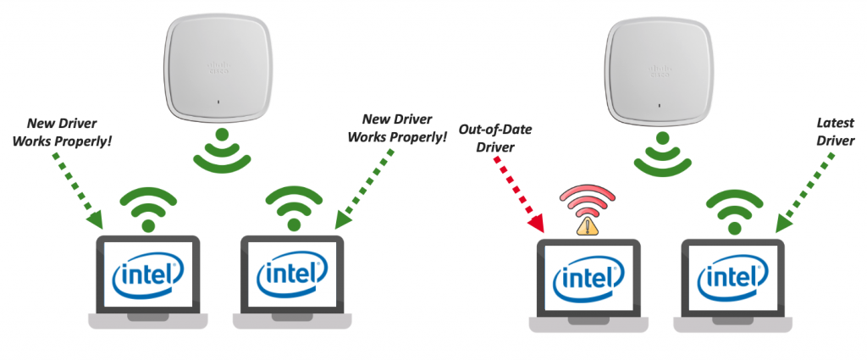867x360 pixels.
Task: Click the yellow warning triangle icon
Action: coord(588,225)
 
